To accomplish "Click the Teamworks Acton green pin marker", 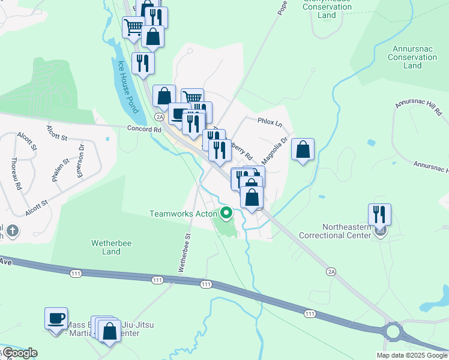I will click(226, 212).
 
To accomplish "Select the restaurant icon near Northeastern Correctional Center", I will click(379, 214).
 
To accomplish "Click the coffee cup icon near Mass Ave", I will click(56, 318).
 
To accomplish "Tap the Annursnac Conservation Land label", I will click(412, 57).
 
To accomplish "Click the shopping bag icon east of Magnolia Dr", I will click(303, 150).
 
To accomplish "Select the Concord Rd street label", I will click(144, 128).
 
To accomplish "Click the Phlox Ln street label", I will click(270, 122).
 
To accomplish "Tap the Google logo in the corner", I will click(19, 353).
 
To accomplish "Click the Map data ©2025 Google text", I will click(412, 355).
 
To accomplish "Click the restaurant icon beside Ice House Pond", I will click(143, 63).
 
